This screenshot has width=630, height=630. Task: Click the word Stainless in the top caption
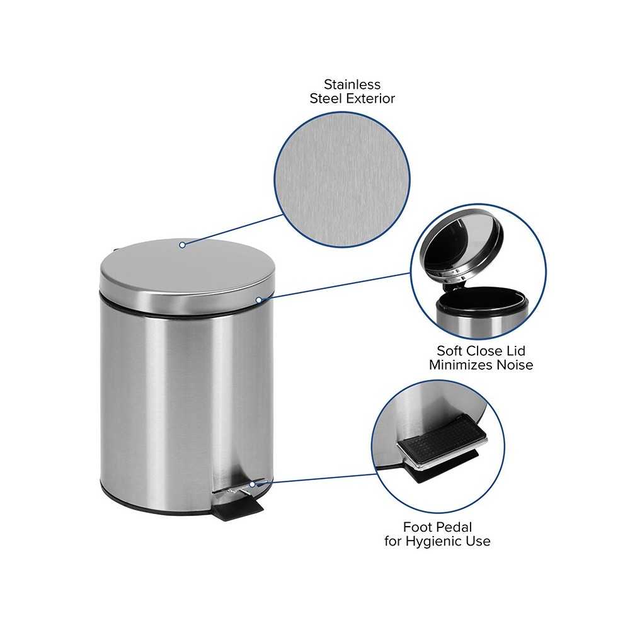point(352,84)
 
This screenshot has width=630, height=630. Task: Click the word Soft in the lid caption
point(450,351)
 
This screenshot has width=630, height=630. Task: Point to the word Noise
point(515,365)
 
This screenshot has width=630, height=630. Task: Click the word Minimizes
point(461,365)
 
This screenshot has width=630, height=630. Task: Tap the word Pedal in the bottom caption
point(456,527)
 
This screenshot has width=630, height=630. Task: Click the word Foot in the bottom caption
point(419,527)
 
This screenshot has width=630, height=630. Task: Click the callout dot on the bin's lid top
point(183,244)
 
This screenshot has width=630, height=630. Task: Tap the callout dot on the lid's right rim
point(259,300)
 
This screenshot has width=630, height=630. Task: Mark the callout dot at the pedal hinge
point(252,484)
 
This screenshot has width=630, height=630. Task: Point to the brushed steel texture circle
point(342,180)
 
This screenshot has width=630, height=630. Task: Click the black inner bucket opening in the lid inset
point(482,299)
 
